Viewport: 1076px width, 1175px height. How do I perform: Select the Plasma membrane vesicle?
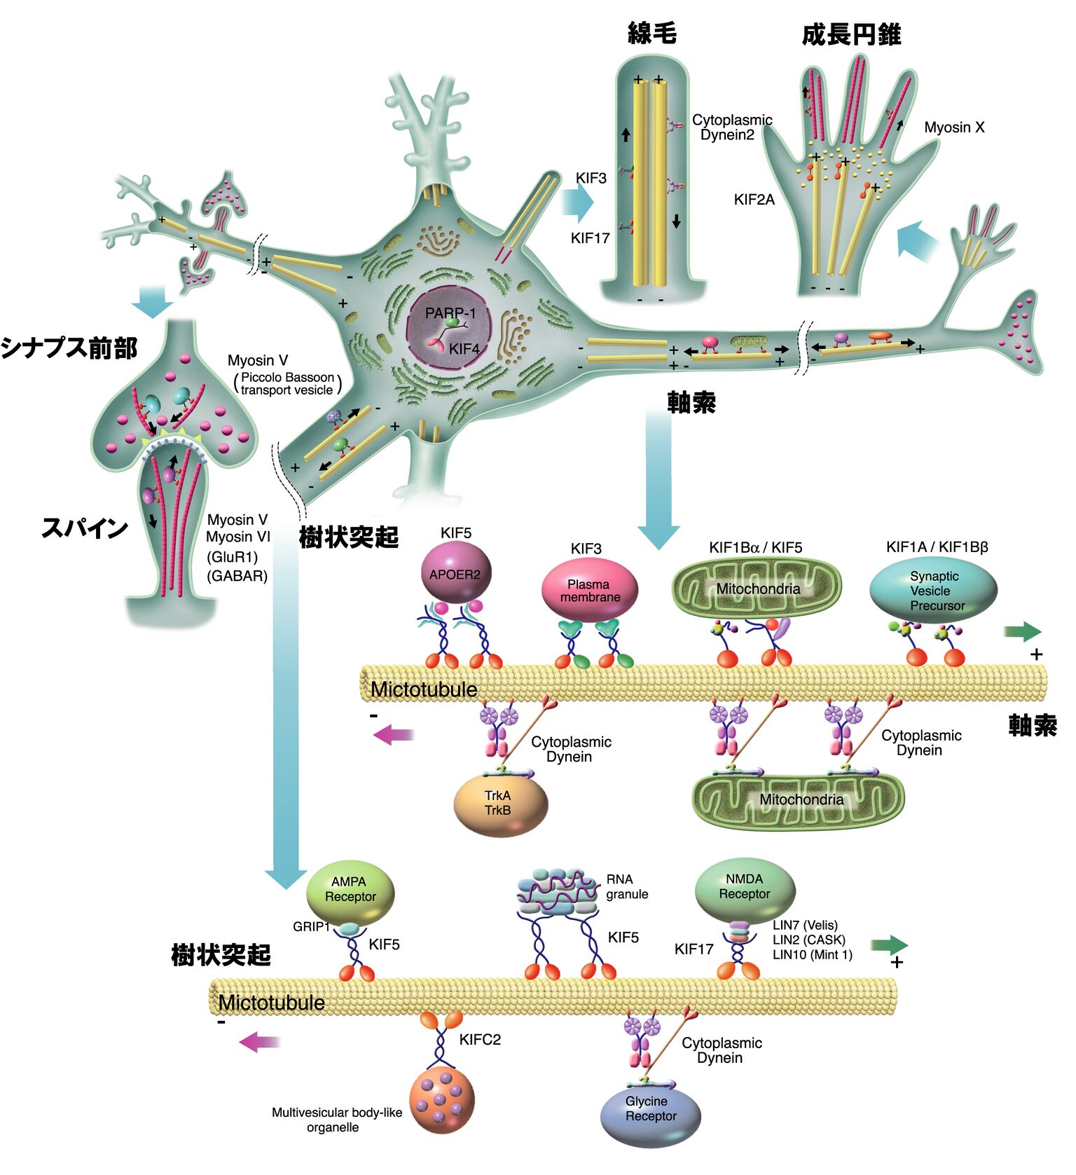(590, 591)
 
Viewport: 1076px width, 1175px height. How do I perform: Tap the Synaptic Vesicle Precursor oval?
(933, 591)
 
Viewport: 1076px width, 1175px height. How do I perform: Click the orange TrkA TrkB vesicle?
(500, 804)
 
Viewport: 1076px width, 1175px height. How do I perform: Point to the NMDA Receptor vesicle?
(745, 888)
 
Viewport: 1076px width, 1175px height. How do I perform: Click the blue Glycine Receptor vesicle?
(650, 1114)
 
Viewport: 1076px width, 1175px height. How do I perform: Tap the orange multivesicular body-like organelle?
(441, 1101)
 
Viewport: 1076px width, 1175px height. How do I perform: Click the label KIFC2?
(480, 1040)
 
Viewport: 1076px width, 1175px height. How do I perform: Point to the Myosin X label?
(954, 128)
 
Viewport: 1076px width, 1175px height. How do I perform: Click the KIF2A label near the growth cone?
(754, 200)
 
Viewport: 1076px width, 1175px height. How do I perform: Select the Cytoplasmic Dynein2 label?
(731, 128)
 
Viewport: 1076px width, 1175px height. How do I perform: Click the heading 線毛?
(651, 33)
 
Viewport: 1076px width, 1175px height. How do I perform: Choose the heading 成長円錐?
(851, 34)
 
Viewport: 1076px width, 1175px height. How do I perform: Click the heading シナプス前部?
(69, 348)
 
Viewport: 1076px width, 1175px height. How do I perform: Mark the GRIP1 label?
(311, 926)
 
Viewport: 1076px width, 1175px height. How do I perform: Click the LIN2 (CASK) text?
(808, 940)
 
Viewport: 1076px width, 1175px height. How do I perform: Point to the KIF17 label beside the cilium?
(590, 238)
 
